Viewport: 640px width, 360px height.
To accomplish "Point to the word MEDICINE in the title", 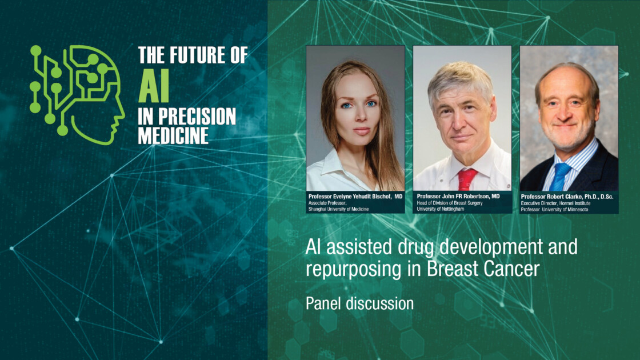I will (x=173, y=135).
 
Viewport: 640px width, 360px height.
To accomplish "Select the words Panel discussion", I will (x=359, y=303).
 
